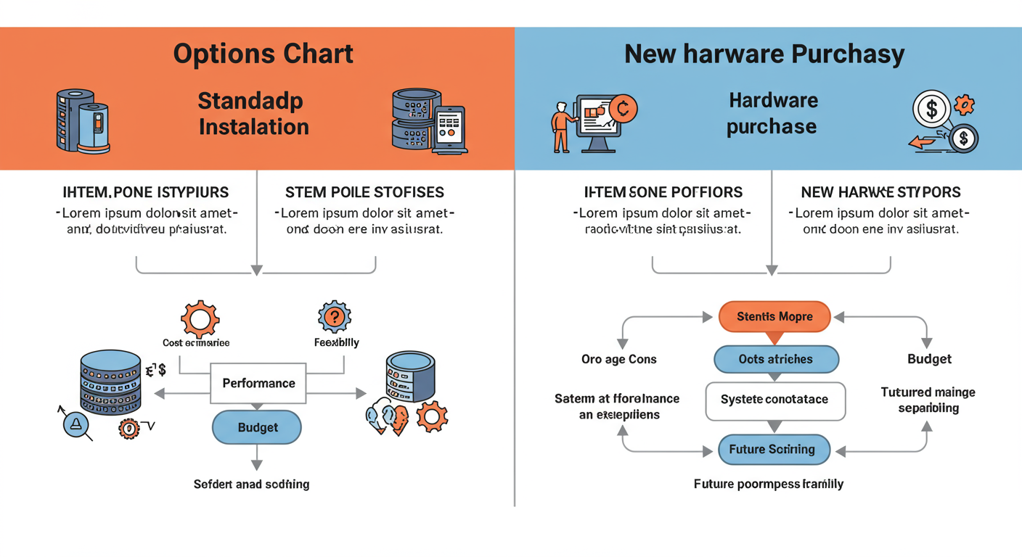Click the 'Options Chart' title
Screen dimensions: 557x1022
[x=263, y=54]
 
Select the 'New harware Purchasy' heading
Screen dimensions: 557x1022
[x=764, y=54]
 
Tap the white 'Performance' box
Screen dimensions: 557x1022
[x=258, y=383]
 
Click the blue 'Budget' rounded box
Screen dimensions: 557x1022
[x=257, y=428]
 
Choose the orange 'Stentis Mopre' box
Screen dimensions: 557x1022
[x=774, y=317]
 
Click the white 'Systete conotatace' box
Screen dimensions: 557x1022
[x=775, y=400]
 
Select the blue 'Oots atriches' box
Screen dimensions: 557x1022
[x=776, y=359]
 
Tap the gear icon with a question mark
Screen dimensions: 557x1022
[x=335, y=317]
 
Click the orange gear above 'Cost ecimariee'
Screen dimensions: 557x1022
[x=200, y=318]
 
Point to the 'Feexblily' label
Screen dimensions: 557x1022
[x=336, y=342]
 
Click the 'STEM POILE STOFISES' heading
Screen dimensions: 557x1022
[x=364, y=192]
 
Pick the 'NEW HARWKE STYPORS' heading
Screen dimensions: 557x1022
[x=880, y=192]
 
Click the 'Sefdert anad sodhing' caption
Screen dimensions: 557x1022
[x=251, y=484]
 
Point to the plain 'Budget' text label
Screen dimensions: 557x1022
[x=929, y=359]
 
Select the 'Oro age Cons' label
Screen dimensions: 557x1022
[x=618, y=359]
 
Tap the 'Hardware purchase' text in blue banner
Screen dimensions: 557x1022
[x=772, y=114]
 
